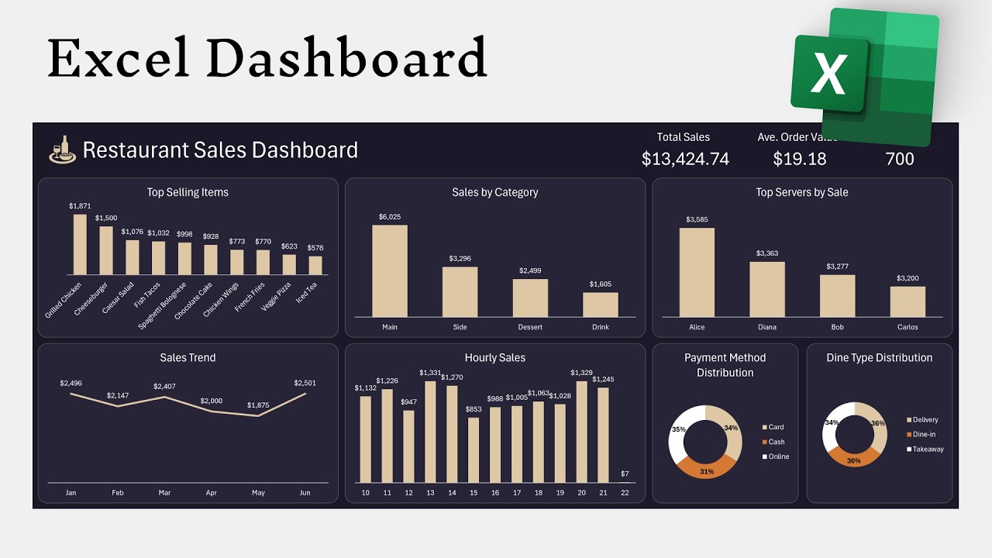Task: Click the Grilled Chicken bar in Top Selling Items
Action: coord(80,244)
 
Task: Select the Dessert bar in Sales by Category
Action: coord(530,298)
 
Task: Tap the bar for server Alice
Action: coord(697,272)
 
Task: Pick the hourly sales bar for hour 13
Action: coord(430,432)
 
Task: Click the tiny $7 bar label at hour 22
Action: coord(625,474)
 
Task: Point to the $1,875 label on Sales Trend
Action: coord(258,405)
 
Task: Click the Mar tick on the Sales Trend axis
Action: coord(164,492)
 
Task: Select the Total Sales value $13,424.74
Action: coord(685,159)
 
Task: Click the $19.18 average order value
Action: coord(800,159)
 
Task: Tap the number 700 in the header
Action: coord(899,159)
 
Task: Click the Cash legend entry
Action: coord(776,442)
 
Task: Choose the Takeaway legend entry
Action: coord(928,449)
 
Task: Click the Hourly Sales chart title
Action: coord(494,358)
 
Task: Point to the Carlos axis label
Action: coord(908,327)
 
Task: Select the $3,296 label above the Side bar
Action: coord(460,258)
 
